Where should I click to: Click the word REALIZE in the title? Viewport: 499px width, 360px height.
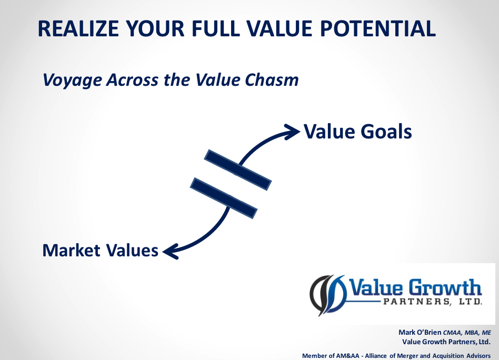tap(78, 28)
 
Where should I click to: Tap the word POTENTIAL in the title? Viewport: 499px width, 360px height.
tap(378, 28)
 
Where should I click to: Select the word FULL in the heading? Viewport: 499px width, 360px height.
tap(215, 28)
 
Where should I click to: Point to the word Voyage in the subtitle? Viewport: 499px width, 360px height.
tap(72, 80)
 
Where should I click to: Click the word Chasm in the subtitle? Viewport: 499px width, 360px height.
tap(272, 79)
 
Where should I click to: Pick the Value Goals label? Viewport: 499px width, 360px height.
tap(358, 131)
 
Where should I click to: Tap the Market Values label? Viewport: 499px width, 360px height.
tap(100, 250)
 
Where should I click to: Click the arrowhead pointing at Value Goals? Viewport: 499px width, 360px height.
tap(292, 131)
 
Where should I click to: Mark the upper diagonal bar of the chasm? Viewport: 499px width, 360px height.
tap(238, 170)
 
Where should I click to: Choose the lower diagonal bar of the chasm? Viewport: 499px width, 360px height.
tap(224, 198)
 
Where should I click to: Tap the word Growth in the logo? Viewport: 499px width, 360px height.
tap(445, 287)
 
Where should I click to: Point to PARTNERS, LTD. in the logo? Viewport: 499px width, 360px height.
tap(433, 302)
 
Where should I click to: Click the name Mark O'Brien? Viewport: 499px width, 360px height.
tap(420, 332)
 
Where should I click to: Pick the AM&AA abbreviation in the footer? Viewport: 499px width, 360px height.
tap(345, 356)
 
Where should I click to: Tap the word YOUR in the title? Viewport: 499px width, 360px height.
tap(155, 28)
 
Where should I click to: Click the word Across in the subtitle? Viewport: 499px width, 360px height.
tap(132, 79)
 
